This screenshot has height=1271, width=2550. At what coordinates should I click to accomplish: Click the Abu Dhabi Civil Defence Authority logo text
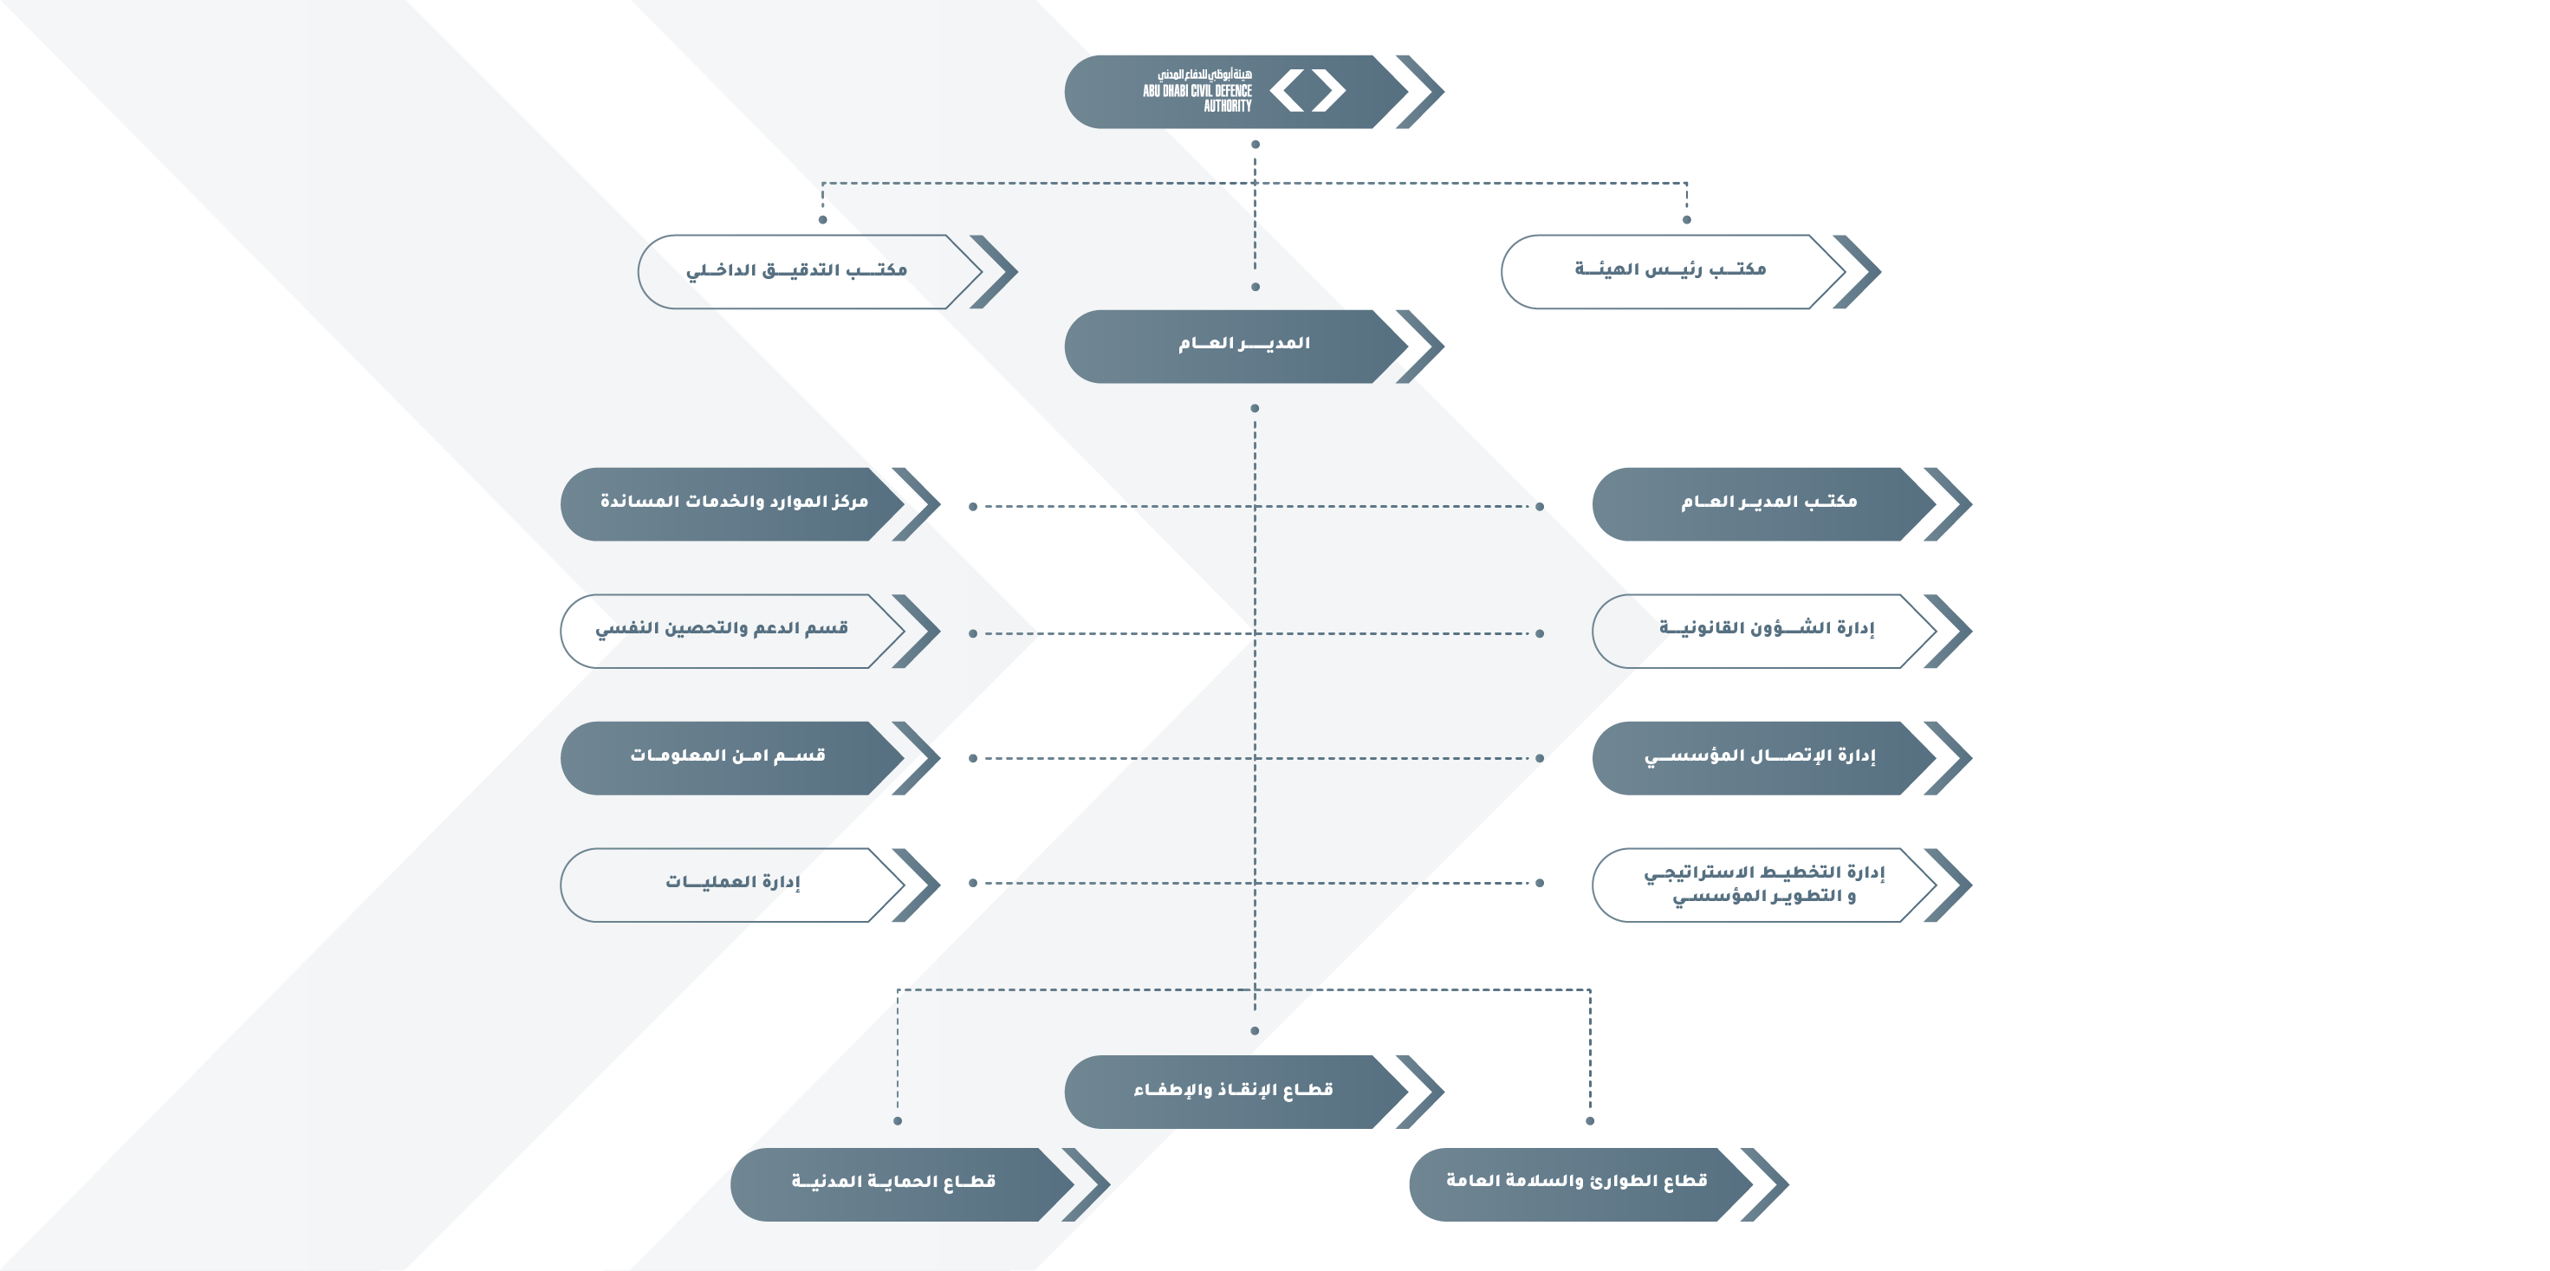[x=1197, y=90]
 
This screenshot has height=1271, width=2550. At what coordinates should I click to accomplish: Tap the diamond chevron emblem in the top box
[x=1307, y=90]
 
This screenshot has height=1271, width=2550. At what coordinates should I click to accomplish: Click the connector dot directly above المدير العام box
[x=1256, y=287]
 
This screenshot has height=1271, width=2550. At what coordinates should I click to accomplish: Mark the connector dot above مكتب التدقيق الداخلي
[x=822, y=220]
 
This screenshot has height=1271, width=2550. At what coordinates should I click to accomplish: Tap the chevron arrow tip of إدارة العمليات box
[x=939, y=885]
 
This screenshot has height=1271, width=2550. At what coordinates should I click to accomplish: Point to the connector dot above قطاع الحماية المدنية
[x=898, y=1120]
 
